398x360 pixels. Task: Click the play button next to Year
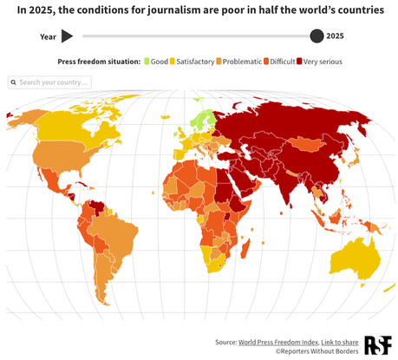(67, 36)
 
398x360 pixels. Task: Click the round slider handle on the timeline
(316, 36)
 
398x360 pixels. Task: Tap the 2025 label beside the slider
(335, 36)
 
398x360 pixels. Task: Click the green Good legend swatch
(147, 62)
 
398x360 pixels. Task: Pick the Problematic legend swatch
(219, 62)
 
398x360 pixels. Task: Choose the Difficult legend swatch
(266, 62)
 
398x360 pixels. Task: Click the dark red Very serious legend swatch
(300, 62)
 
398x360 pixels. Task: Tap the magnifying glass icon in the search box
(14, 82)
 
